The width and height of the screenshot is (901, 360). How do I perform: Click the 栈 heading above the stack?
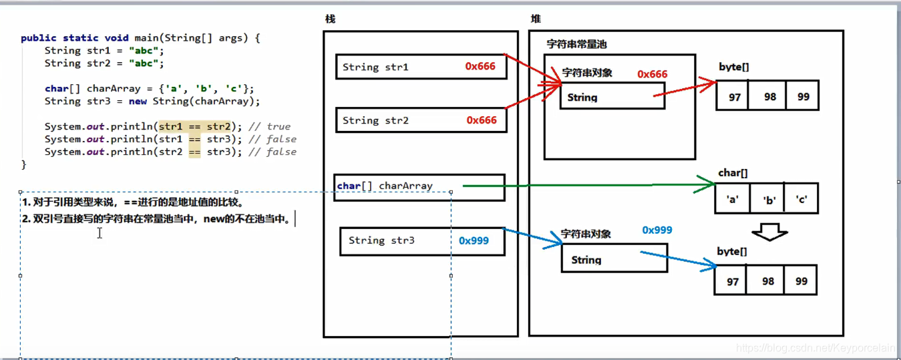point(330,19)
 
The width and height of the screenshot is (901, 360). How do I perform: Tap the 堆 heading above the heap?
point(536,19)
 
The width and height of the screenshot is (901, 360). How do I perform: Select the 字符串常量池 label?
point(576,44)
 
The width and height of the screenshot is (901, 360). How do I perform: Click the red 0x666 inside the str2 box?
point(482,120)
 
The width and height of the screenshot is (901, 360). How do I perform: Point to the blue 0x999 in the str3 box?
point(474,240)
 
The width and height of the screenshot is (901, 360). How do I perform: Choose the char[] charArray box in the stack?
point(419,187)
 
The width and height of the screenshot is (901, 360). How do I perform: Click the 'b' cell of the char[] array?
point(769,199)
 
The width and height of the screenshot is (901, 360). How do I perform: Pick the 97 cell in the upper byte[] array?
point(735,97)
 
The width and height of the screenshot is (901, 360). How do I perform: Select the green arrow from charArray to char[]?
point(588,184)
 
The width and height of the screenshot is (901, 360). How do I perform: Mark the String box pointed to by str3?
point(614,259)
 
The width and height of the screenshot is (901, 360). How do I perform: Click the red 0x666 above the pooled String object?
point(652,74)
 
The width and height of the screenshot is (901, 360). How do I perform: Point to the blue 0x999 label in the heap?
point(657,230)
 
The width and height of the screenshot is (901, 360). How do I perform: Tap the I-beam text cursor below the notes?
point(100,232)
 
